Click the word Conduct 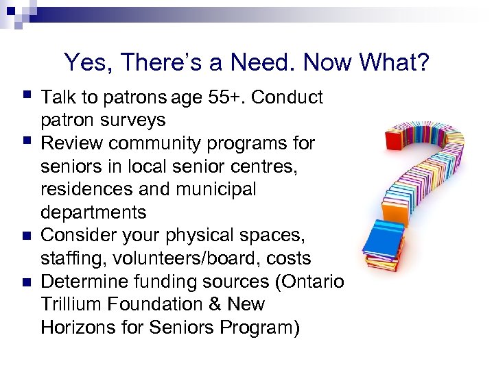pos(288,97)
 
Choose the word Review pos(71,143)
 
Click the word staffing pos(73,258)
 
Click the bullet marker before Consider pos(26,236)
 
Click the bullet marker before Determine pos(26,282)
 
